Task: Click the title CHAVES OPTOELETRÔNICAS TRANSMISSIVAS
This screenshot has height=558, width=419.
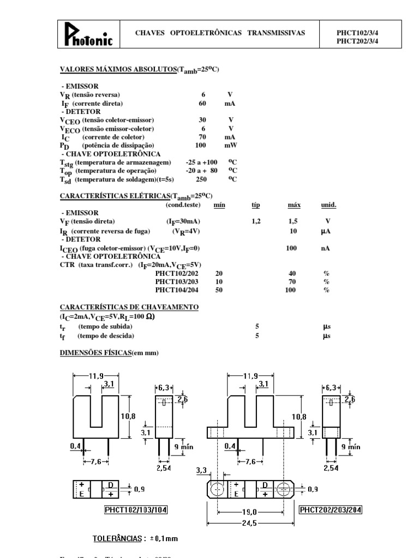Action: click(x=220, y=33)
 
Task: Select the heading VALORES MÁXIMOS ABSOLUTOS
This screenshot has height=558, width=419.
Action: click(x=118, y=69)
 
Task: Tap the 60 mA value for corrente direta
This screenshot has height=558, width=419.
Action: click(x=202, y=103)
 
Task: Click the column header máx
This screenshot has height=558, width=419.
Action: click(x=294, y=205)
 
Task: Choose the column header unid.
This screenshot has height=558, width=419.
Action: click(x=328, y=205)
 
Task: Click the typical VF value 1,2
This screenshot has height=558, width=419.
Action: click(x=256, y=222)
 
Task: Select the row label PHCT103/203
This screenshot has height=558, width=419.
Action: click(x=176, y=282)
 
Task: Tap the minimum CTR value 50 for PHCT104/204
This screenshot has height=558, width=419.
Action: click(x=219, y=290)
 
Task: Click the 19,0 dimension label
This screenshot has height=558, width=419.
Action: click(x=250, y=512)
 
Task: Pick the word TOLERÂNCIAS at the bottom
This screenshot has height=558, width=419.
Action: click(x=118, y=538)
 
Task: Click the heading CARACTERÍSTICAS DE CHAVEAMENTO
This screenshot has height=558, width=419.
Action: click(x=129, y=307)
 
